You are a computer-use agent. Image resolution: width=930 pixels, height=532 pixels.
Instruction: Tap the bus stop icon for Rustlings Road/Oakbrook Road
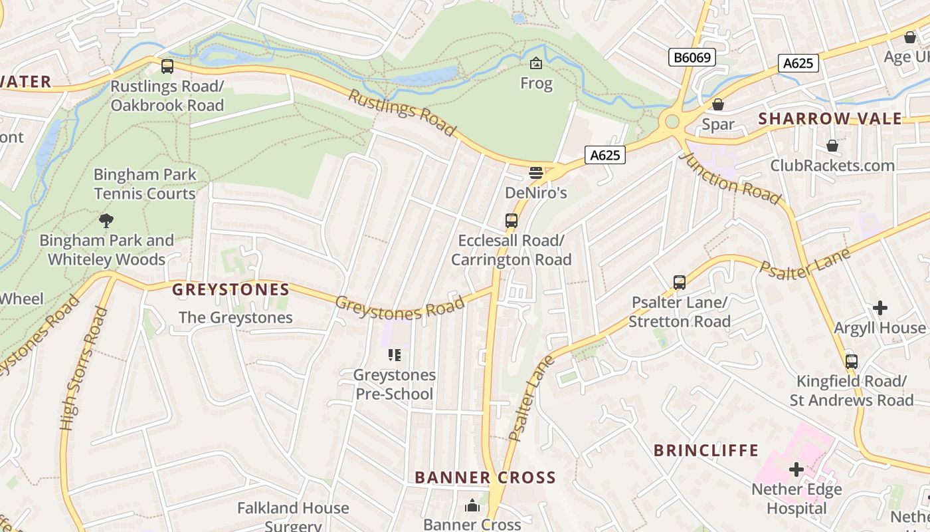pos(167,66)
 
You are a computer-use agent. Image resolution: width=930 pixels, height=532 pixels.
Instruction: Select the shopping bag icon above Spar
pos(718,104)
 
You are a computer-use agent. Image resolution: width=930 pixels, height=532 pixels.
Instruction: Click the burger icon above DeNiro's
pos(536,173)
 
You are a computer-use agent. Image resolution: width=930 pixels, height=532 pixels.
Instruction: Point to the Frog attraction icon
pos(536,63)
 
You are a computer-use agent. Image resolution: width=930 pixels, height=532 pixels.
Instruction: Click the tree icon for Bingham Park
pos(106,220)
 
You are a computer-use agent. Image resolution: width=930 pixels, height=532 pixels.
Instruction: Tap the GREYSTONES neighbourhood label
pos(231,290)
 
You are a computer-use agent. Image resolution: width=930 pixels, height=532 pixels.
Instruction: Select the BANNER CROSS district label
pos(485,477)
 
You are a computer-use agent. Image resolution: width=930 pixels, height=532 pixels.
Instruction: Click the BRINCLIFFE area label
pos(705,450)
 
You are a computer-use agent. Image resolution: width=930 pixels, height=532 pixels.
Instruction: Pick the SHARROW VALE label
pos(830,119)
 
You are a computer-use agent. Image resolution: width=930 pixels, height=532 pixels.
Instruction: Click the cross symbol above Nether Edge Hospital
pos(796,469)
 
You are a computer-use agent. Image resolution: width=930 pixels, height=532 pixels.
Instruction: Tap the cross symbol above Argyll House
pos(880,308)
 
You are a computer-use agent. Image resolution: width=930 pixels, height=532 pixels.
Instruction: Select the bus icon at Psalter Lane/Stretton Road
pos(679,283)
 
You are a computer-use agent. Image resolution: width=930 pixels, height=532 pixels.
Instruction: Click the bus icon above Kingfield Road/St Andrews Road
pos(852,362)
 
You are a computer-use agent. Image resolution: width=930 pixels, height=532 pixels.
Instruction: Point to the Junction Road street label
pos(731,178)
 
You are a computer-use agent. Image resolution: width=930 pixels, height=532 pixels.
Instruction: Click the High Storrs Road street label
pos(84,368)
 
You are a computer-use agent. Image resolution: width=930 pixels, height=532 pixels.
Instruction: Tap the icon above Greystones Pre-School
pos(395,355)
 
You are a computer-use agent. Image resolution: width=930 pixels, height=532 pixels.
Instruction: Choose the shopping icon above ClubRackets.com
pos(832,146)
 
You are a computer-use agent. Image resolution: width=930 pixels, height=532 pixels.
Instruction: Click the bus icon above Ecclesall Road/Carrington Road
pos(511,220)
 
